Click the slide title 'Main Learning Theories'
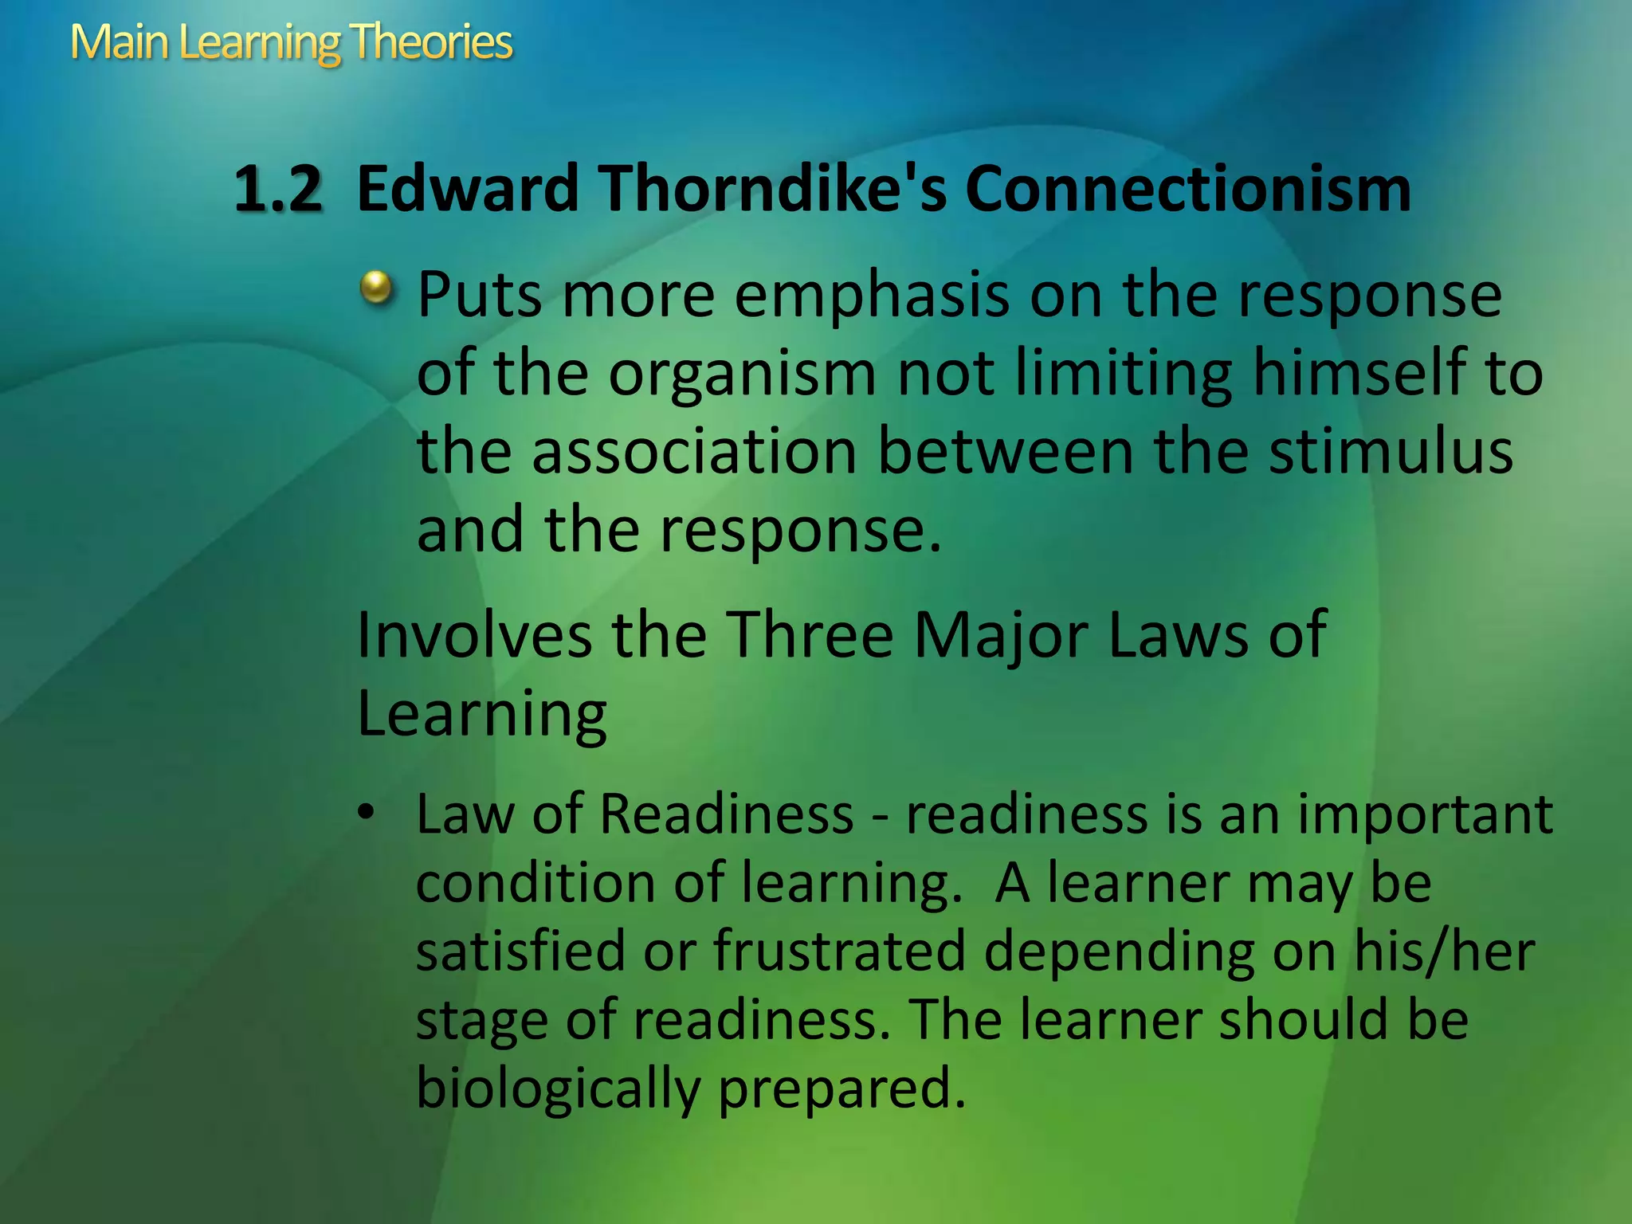pyautogui.click(x=292, y=43)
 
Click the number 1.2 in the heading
pyautogui.click(x=278, y=190)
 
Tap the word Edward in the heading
pyautogui.click(x=468, y=190)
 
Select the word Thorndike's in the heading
pyautogui.click(x=773, y=190)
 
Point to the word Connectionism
pyautogui.click(x=1187, y=190)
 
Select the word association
pyautogui.click(x=692, y=452)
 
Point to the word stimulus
pyautogui.click(x=1390, y=452)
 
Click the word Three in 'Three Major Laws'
pyautogui.click(x=810, y=635)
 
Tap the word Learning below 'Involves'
pyautogui.click(x=481, y=714)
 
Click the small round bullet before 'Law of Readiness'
pyautogui.click(x=366, y=813)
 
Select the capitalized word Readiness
pyautogui.click(x=726, y=814)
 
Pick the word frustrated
pyautogui.click(x=839, y=951)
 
